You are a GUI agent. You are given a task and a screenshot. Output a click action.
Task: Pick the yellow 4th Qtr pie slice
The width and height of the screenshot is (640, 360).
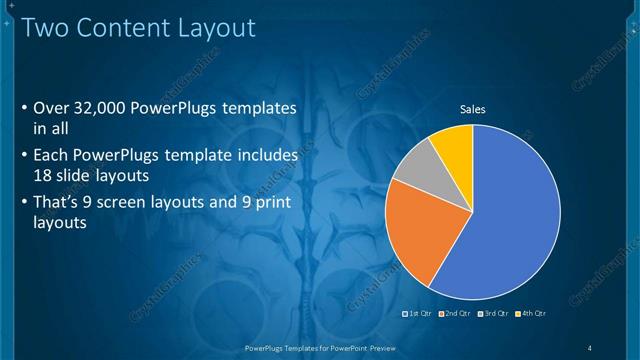(455, 145)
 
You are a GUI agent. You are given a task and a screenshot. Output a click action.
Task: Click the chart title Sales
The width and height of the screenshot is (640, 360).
(472, 109)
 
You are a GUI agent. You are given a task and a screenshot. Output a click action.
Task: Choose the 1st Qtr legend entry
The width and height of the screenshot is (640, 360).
(419, 313)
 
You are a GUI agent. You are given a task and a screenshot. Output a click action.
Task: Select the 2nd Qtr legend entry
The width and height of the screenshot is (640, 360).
(456, 313)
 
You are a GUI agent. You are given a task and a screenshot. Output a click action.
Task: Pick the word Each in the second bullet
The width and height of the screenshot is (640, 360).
(52, 155)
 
